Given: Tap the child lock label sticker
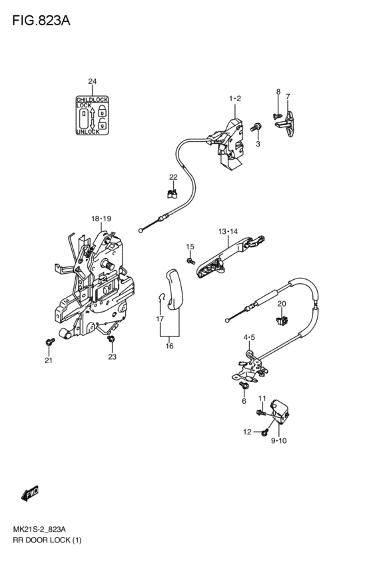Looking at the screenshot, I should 92,115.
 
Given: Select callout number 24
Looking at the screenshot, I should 92,82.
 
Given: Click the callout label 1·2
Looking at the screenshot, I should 234,99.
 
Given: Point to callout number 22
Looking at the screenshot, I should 173,177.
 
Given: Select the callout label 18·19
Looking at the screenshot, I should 101,218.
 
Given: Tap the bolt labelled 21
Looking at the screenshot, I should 49,342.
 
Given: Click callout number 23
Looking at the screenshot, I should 112,357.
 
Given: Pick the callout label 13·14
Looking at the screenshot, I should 228,231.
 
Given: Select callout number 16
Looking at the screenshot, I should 170,346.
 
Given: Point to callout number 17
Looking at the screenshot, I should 159,319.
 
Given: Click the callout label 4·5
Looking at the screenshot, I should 248,338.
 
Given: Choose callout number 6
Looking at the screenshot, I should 244,401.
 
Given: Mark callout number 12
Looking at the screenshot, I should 246,432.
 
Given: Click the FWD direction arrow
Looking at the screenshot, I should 31,493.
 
